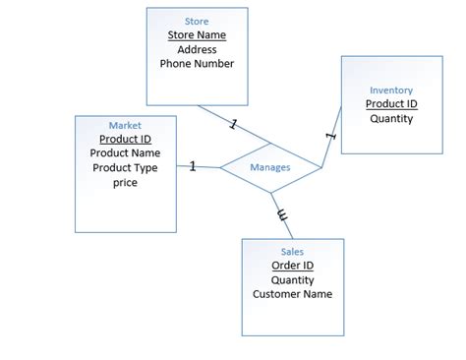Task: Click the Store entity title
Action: coord(197,21)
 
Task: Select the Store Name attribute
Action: coord(197,34)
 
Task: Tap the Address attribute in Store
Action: coord(197,49)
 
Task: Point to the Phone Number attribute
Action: coord(197,64)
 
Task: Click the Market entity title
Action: coord(125,125)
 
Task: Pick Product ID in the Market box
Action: coord(125,139)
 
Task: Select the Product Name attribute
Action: coord(125,153)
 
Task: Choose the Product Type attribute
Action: coord(125,168)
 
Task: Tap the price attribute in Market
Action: coord(125,183)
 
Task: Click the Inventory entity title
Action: coord(391,90)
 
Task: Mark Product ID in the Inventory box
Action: coord(391,104)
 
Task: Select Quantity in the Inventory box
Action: coord(391,119)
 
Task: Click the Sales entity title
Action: coord(292,252)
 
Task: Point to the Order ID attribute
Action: coord(292,266)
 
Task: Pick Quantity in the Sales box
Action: coord(292,279)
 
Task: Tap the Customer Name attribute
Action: coord(292,294)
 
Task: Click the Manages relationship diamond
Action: coord(270,167)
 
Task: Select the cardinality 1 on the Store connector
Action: coord(233,125)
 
